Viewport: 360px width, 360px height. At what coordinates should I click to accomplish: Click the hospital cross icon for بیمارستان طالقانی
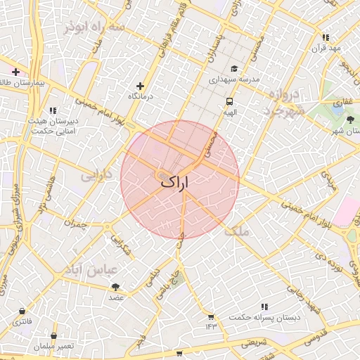tap(16, 72)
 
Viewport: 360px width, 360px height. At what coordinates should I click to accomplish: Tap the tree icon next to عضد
tap(115, 287)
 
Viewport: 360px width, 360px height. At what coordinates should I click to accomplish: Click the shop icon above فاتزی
tap(23, 311)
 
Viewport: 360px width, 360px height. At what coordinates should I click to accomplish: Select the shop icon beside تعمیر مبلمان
tap(53, 336)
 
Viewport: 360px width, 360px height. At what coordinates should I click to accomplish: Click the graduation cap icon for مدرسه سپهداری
tap(234, 69)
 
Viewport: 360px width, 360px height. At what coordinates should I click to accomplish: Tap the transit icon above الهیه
tap(229, 100)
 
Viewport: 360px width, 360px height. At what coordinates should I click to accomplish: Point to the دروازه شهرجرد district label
tap(285, 103)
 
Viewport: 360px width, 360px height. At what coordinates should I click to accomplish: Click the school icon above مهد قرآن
tap(326, 37)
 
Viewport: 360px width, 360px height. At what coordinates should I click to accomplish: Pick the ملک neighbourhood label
tap(237, 229)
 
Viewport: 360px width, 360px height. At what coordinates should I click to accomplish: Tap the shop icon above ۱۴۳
tap(211, 317)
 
